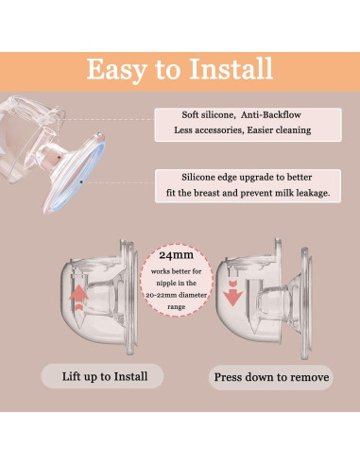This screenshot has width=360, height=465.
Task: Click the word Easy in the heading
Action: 117,70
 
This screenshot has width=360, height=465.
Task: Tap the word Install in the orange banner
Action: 231,69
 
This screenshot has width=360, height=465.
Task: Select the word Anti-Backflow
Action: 271,114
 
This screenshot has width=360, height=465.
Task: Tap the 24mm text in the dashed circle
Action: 176,255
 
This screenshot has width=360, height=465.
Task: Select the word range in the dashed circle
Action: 176,307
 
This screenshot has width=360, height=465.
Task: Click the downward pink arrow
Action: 233,293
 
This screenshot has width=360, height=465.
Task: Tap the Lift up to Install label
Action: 105,376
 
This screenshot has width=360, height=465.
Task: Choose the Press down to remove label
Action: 271,377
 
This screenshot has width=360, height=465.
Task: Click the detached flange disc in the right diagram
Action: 306,303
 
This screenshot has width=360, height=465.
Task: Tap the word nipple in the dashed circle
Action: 165,284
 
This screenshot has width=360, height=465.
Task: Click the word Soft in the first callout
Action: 190,114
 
